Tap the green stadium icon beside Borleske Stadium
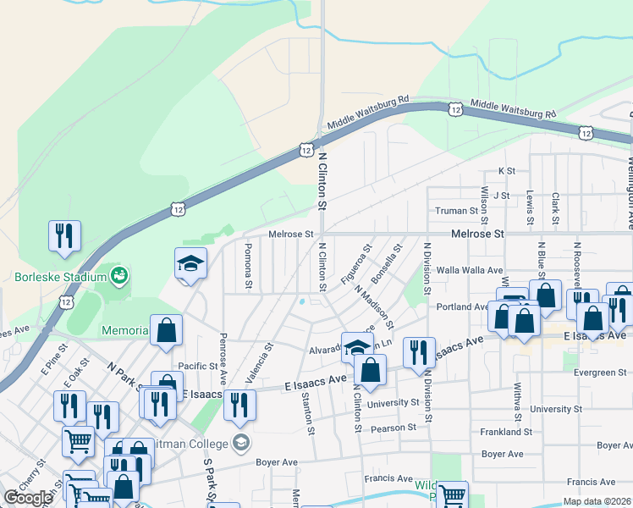point(119,274)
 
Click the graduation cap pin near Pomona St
point(190,264)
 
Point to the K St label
point(507,171)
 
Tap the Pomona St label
point(248,267)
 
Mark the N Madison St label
point(375,307)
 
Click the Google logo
point(28,497)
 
